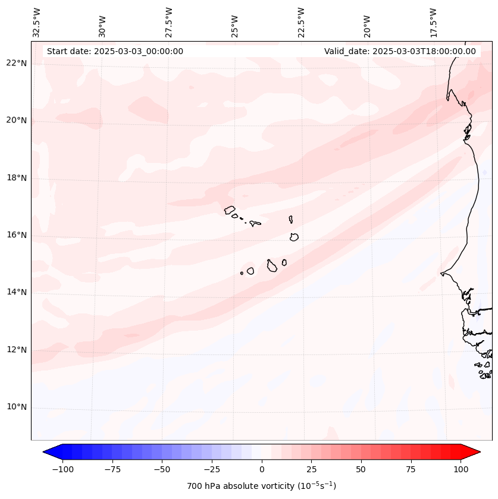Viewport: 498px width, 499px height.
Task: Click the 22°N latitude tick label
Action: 17,63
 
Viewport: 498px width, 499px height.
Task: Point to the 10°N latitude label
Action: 17,407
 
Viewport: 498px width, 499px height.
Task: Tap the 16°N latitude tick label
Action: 17,235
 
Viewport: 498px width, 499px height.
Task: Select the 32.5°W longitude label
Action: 37,22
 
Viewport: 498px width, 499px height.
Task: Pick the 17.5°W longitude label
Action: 433,22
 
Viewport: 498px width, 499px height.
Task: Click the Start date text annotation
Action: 115,51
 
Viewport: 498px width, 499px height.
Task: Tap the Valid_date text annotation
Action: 400,51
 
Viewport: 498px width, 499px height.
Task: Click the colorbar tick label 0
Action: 262,469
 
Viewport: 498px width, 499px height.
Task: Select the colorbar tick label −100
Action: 62,469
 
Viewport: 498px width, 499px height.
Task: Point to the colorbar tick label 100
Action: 461,469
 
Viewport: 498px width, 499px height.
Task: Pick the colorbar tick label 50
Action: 361,469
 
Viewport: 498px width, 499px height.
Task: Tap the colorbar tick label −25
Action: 212,469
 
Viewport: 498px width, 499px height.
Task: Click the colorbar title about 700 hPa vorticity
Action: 262,486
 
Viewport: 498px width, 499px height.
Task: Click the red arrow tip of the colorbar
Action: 474,453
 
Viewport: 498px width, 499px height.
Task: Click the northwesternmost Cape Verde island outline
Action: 230,210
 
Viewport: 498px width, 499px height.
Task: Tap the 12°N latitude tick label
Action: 17,350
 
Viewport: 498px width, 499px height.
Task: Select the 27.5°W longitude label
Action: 169,22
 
